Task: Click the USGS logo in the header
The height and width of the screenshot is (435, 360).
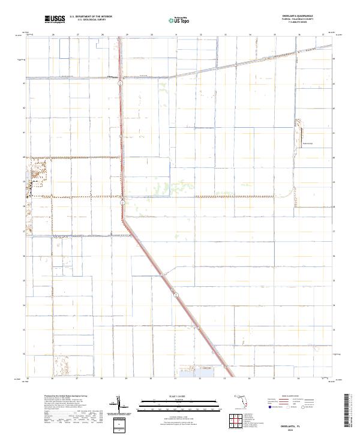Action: [55, 20]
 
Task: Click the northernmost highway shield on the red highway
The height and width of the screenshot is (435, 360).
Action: [121, 84]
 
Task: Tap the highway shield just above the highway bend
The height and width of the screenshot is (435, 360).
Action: [122, 203]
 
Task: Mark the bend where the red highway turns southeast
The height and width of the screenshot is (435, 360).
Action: [125, 219]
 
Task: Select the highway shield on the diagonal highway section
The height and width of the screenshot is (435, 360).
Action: [176, 294]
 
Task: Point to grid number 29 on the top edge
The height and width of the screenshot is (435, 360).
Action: [127, 35]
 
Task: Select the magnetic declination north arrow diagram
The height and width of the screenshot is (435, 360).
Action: [120, 406]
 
